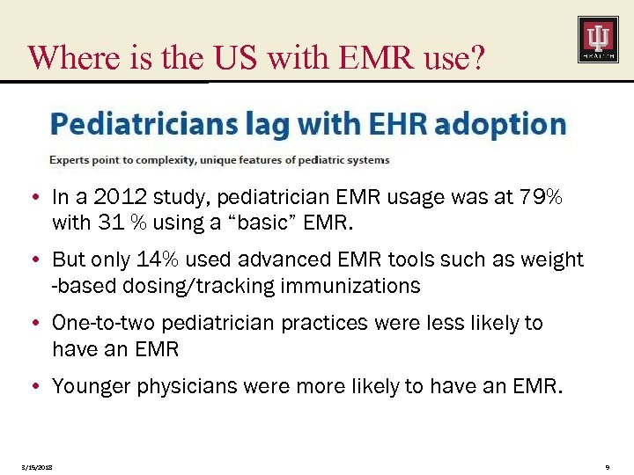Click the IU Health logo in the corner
click(x=598, y=40)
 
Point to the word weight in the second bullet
click(x=553, y=259)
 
